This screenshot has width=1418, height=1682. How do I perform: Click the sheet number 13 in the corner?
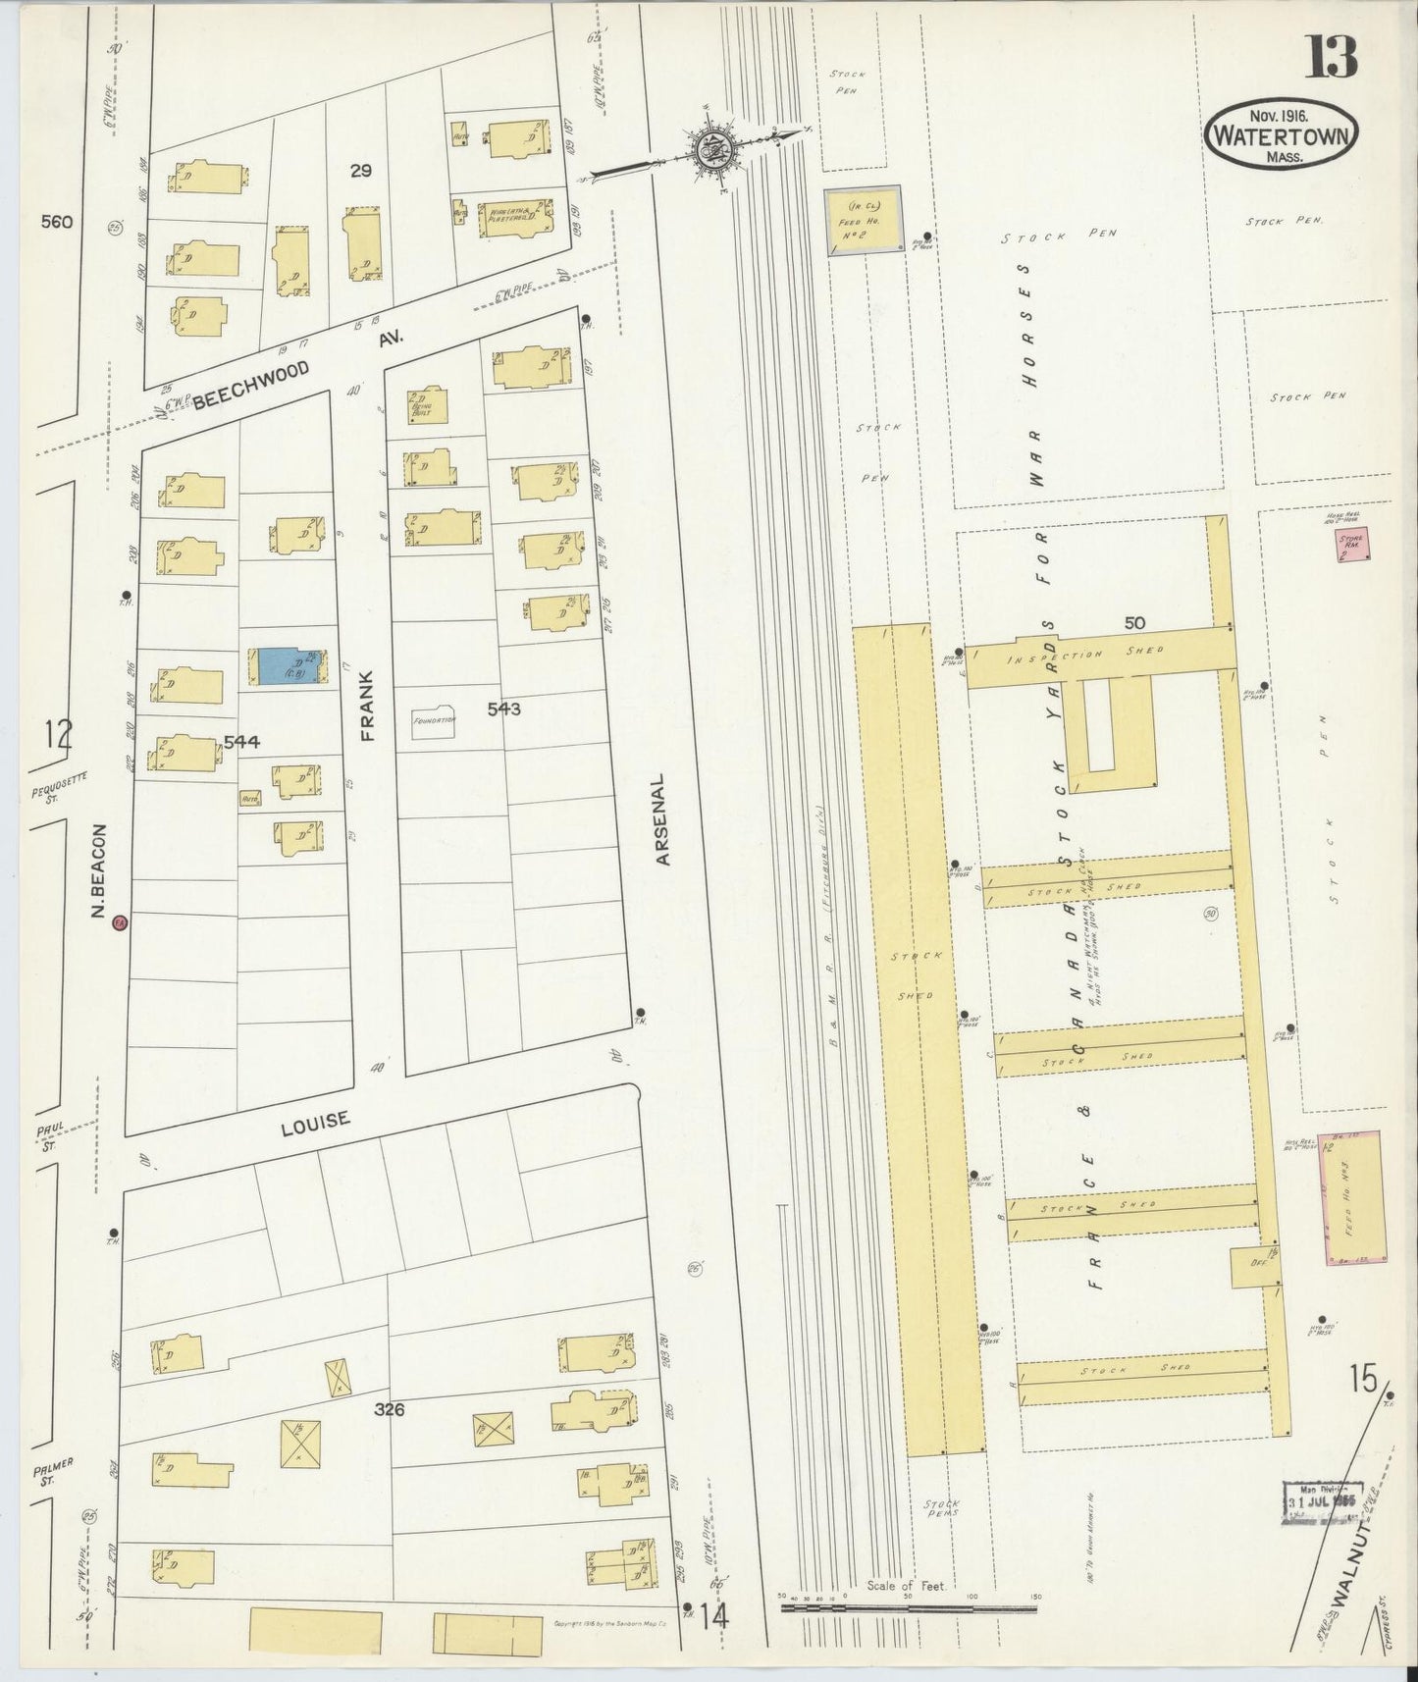tap(1332, 58)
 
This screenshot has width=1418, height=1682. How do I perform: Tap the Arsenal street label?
tap(663, 820)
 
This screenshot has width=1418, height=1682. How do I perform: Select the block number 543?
tap(503, 708)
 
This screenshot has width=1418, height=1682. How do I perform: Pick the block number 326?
tap(390, 1410)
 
